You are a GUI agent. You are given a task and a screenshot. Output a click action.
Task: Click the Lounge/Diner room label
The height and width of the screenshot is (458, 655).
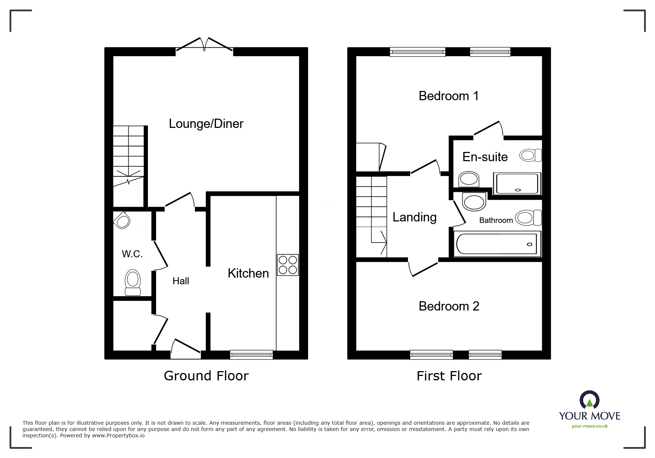(x=206, y=123)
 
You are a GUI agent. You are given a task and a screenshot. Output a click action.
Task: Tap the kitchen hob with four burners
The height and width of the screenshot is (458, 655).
(x=288, y=265)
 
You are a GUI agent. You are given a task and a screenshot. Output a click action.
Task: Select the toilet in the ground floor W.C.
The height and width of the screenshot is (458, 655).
(x=133, y=283)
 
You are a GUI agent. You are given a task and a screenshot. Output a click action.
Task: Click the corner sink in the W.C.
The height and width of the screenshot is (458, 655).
(x=122, y=220)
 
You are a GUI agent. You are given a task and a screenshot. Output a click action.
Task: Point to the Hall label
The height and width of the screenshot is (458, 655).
(x=180, y=281)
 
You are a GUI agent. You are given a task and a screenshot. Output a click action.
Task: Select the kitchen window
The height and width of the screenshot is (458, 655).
(x=251, y=355)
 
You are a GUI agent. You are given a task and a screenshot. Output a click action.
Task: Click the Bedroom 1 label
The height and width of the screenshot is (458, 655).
(x=448, y=96)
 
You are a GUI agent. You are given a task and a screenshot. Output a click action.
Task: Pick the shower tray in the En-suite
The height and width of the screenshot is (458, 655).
(x=517, y=183)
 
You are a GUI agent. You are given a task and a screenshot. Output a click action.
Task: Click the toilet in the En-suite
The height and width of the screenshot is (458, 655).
(x=530, y=155)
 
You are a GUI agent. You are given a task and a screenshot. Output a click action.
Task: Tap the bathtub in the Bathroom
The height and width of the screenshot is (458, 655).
(x=496, y=244)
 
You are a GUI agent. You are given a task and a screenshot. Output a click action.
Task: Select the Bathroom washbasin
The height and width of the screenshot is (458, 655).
(x=474, y=202)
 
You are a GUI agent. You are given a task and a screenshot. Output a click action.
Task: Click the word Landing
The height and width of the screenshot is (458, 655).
(x=414, y=217)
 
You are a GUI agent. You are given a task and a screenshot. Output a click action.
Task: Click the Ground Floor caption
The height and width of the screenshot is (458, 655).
(x=206, y=376)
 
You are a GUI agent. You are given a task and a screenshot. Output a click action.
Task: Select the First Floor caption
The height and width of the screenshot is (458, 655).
(x=449, y=376)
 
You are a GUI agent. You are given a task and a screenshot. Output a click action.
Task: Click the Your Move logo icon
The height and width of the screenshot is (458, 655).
(x=589, y=401)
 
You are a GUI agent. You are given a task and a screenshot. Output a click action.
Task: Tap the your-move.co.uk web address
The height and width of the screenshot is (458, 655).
(x=590, y=426)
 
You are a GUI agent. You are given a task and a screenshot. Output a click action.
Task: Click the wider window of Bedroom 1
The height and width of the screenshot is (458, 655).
(x=417, y=52)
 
